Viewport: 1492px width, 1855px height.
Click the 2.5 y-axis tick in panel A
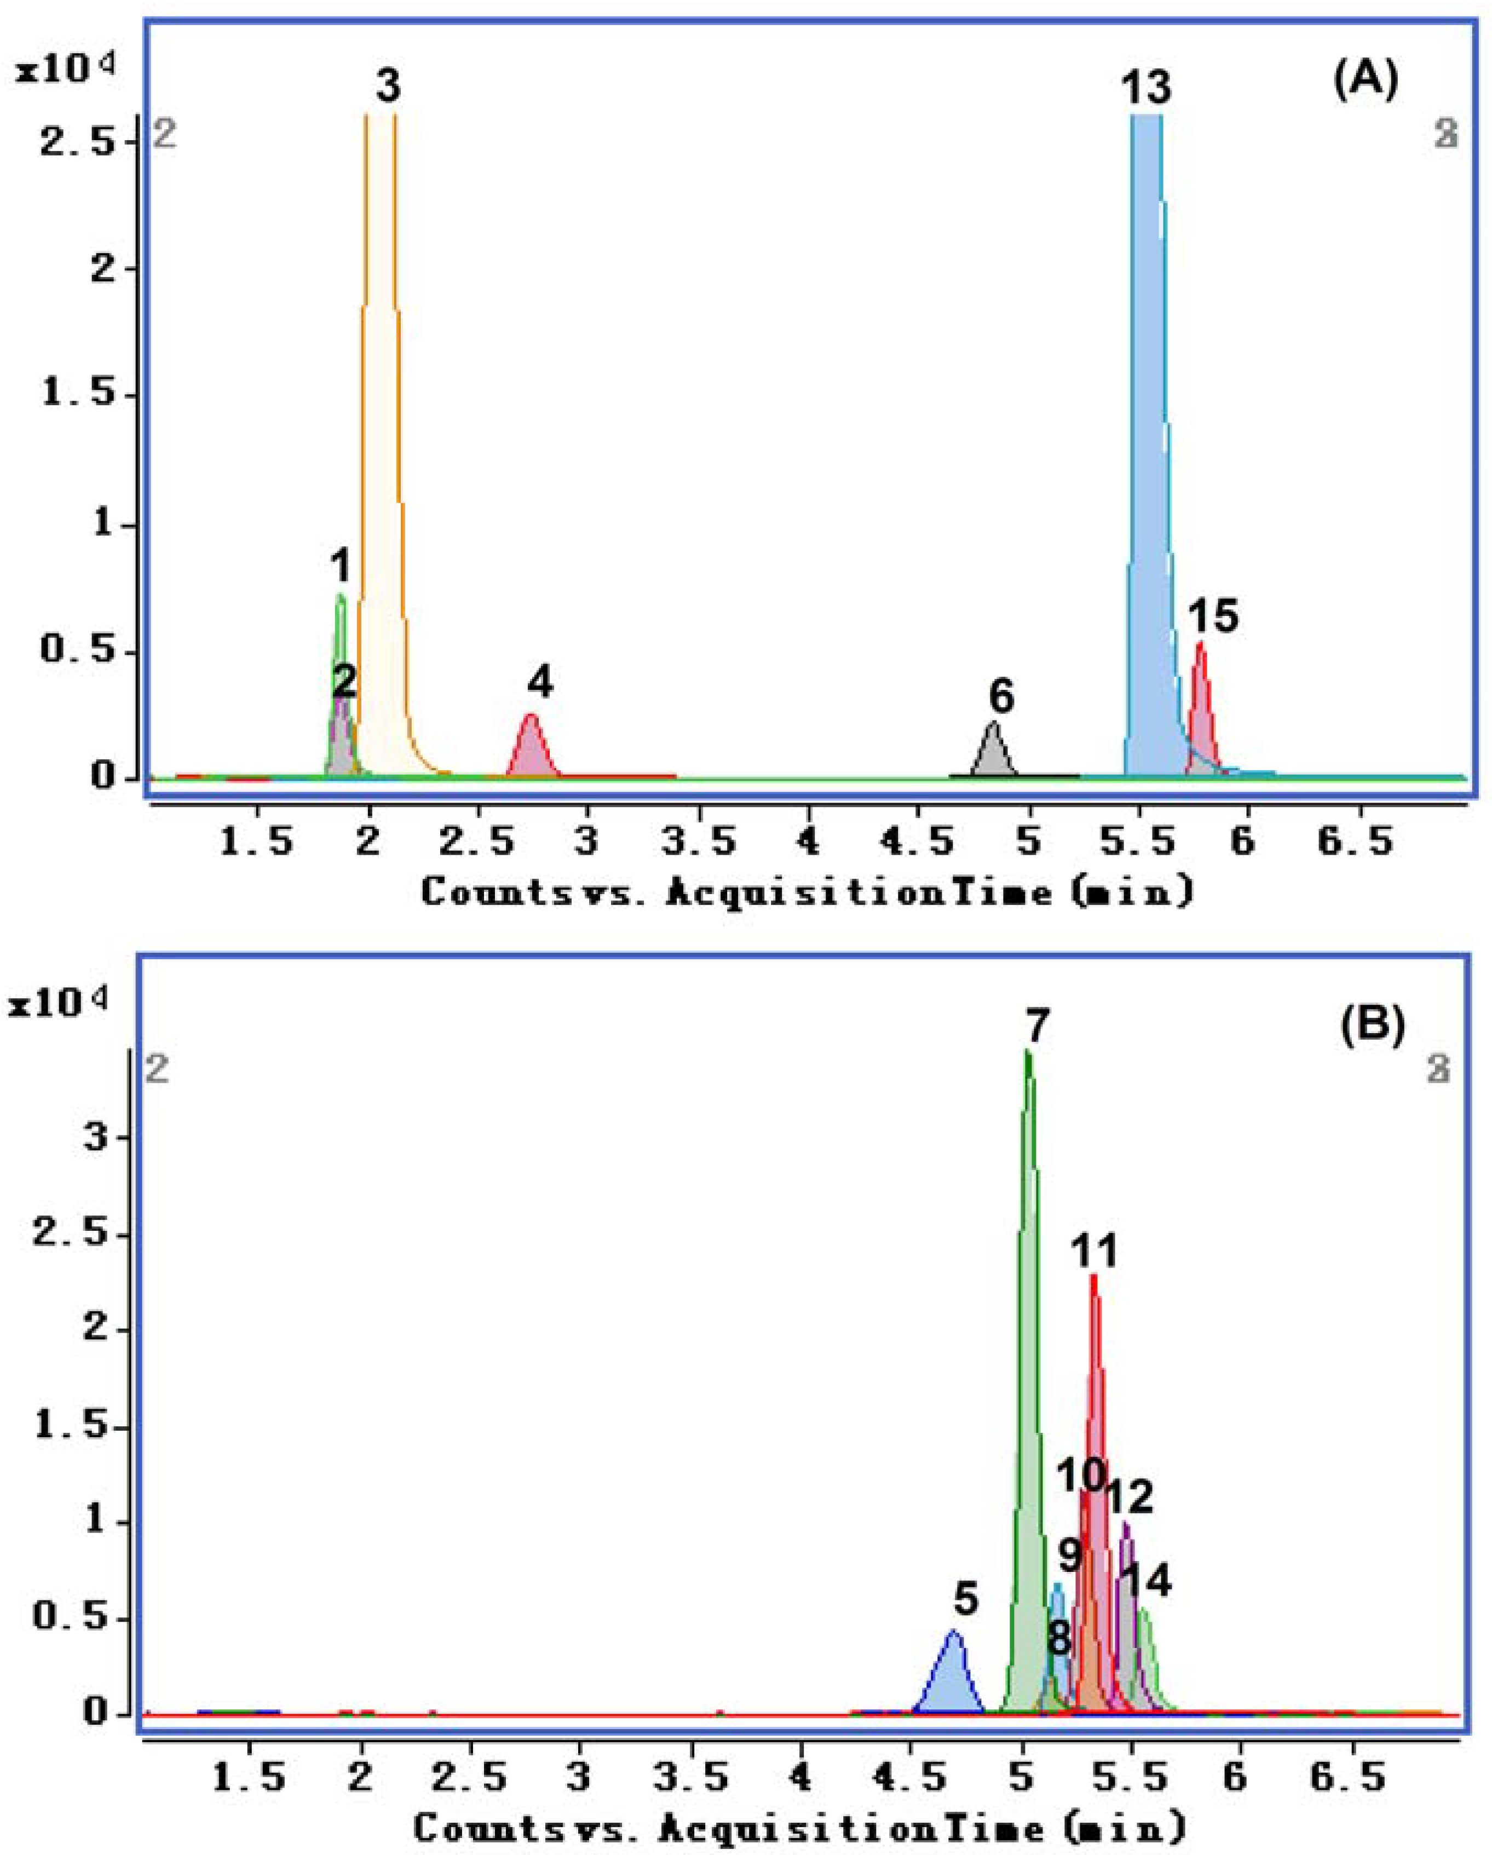[77, 140]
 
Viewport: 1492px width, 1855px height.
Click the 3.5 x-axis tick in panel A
[698, 842]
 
